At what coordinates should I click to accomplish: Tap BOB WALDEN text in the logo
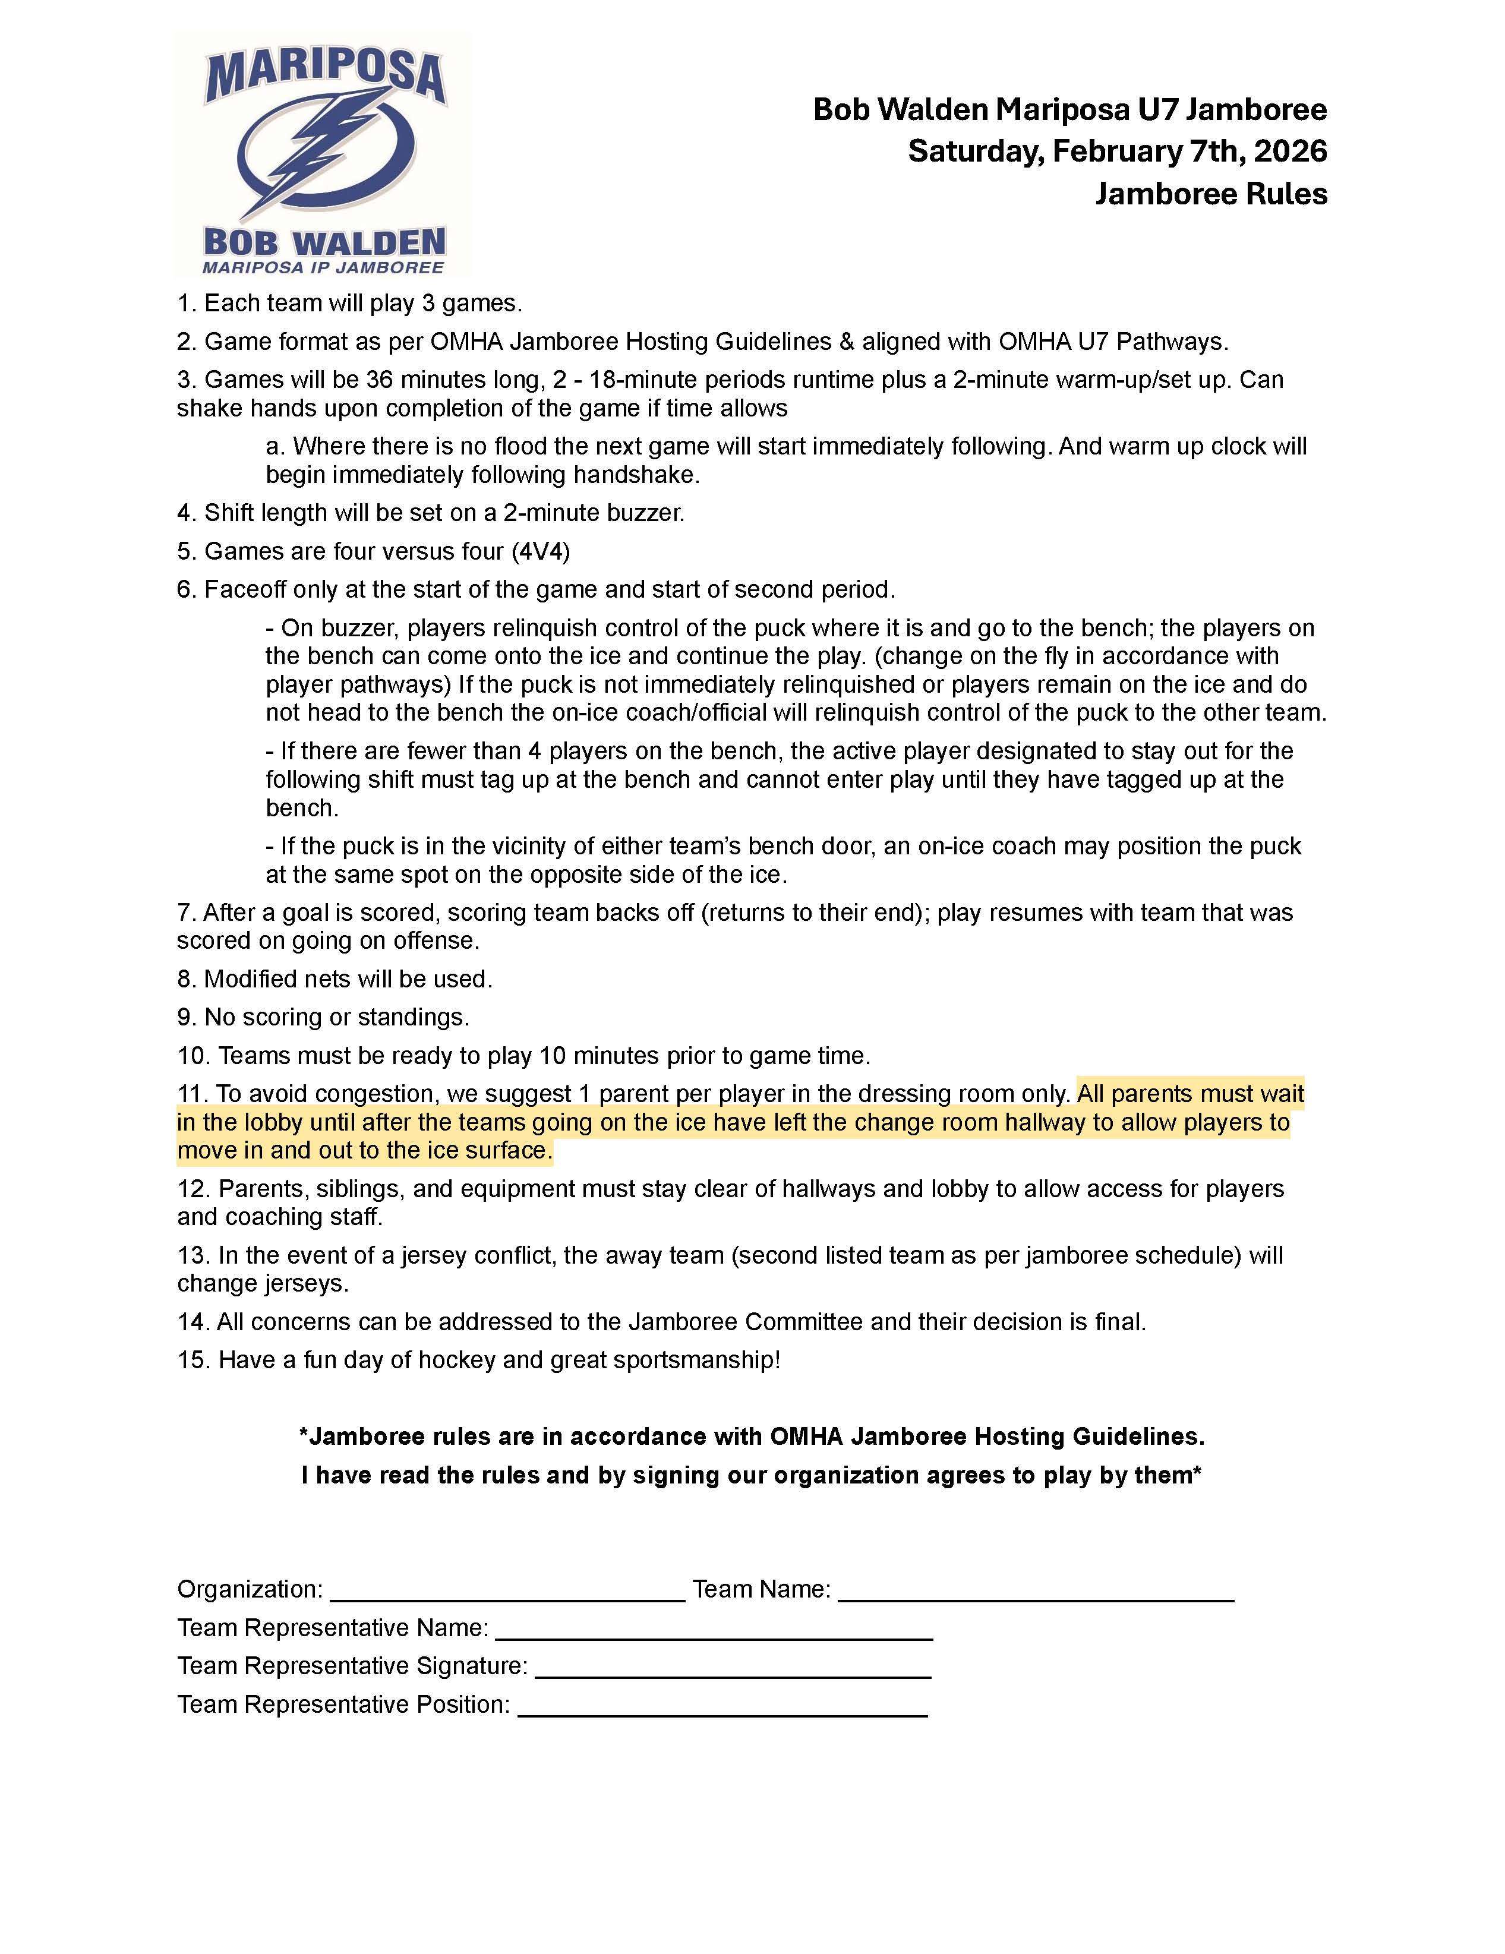click(324, 242)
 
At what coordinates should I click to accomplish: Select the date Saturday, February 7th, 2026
click(1116, 151)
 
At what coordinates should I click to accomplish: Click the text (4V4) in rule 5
click(541, 551)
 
